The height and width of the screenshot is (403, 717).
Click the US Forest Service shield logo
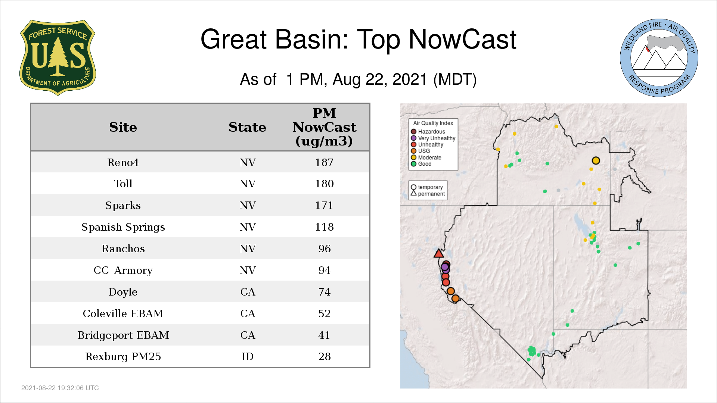coord(58,58)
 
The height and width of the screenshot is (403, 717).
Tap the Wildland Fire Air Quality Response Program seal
coord(659,58)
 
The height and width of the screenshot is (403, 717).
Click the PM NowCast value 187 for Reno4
coord(324,162)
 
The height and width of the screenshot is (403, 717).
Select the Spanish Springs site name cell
coord(123,227)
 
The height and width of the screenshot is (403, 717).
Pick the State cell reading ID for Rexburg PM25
coord(248,356)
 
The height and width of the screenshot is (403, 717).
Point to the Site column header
coord(123,127)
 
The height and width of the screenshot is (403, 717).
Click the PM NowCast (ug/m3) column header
coord(325,127)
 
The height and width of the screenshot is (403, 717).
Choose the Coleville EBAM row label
coord(123,313)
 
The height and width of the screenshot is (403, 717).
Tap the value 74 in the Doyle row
coord(325,292)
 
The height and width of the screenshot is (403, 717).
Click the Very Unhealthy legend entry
coord(433,138)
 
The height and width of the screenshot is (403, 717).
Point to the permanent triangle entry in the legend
coord(428,194)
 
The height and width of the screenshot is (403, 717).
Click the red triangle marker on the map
coord(439,254)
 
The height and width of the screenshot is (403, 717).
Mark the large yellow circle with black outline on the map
coord(596,160)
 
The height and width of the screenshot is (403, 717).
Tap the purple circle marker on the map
coord(445,267)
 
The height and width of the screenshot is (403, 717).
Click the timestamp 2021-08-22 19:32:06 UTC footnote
coord(60,388)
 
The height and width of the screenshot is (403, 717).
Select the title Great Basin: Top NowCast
coord(358,39)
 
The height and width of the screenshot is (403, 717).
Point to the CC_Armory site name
coord(123,270)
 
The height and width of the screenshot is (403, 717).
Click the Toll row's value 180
coord(325,184)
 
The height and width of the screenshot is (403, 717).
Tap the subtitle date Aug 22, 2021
coord(380,79)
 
